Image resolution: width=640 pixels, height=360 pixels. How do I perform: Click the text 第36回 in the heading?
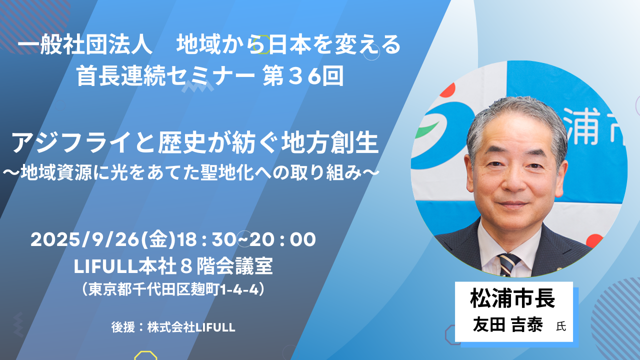tap(303, 75)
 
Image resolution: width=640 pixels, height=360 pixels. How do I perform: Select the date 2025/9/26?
tap(85, 239)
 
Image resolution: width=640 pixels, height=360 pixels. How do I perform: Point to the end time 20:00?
tap(282, 239)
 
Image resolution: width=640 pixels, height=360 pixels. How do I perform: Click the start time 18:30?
tap(207, 239)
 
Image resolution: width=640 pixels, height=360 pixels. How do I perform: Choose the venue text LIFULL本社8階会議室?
tap(173, 266)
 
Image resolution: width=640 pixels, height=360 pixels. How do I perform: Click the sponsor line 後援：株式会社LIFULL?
tap(173, 327)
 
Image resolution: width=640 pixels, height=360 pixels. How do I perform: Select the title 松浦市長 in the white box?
tap(513, 298)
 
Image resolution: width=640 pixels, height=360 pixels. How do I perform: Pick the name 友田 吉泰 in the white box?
tap(507, 325)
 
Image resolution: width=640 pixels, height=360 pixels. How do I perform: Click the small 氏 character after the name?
tap(561, 326)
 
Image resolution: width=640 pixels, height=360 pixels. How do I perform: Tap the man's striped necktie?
tap(508, 264)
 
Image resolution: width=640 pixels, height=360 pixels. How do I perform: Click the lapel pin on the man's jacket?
tap(559, 269)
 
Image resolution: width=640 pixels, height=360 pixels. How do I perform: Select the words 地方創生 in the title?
tap(330, 143)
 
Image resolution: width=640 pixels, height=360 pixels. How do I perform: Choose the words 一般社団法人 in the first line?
tap(85, 45)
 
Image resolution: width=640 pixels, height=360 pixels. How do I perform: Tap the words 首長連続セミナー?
tap(165, 75)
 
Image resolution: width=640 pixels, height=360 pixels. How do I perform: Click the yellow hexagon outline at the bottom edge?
tap(145, 355)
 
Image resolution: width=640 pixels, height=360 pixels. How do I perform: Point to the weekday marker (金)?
tap(158, 239)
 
